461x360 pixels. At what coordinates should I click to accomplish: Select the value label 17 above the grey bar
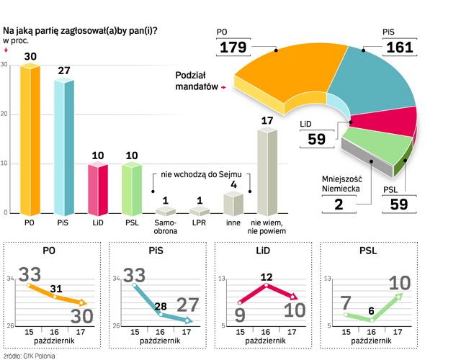267,120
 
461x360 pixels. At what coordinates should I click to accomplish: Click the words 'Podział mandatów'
196,81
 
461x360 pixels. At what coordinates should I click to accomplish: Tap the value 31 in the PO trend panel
56,289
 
